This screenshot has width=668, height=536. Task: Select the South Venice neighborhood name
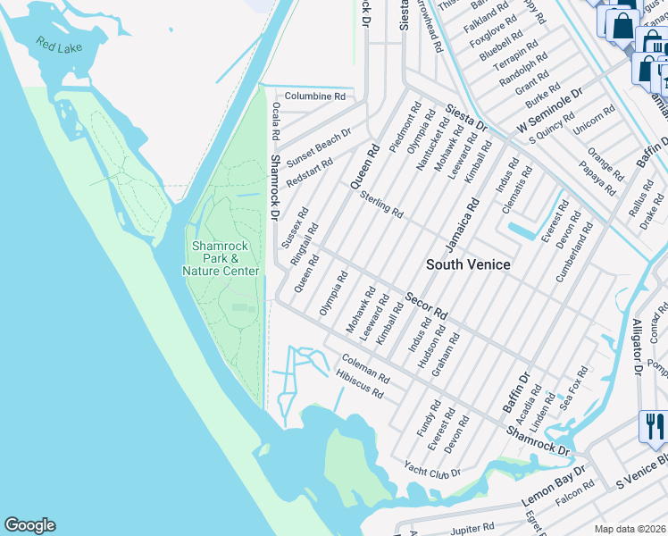point(468,264)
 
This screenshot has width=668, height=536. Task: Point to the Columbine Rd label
point(314,96)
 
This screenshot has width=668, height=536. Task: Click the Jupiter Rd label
point(472,529)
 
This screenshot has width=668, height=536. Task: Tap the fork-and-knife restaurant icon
point(652,425)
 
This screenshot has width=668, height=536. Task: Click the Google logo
point(30,525)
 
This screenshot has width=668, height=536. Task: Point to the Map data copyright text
point(630,529)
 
